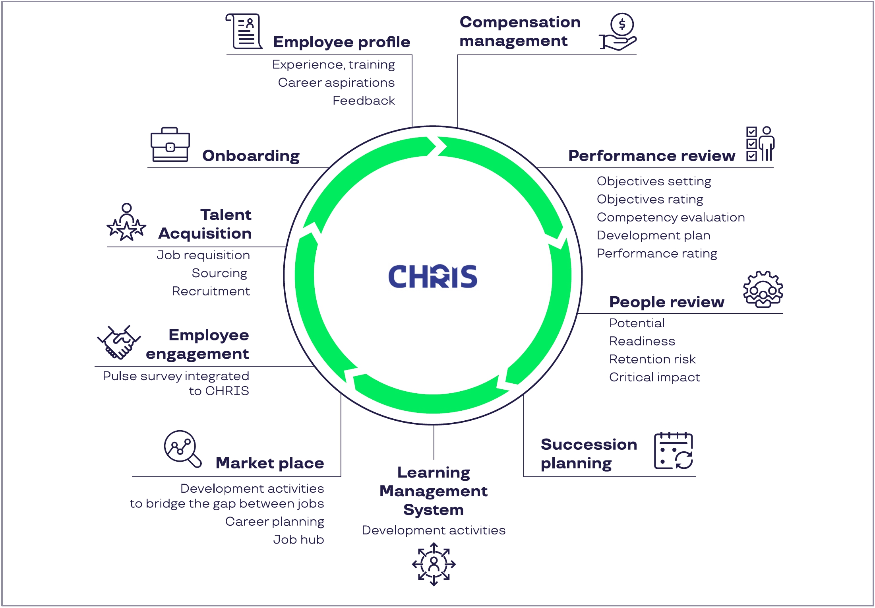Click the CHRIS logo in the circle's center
432,276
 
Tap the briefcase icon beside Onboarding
170,145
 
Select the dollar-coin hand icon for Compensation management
619,32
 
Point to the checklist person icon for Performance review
760,144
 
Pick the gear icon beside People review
763,289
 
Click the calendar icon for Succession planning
674,451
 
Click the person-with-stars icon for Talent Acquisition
126,222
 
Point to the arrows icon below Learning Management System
434,564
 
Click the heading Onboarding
251,156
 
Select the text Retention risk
652,359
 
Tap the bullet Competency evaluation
670,218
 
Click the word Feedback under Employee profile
364,101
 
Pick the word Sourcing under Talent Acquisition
219,273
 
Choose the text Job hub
298,540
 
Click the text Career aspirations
336,83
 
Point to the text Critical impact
654,377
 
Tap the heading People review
666,302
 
